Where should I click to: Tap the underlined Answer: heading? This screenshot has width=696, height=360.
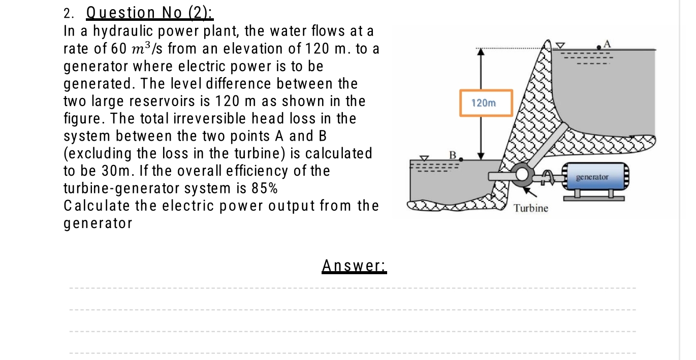coord(354,265)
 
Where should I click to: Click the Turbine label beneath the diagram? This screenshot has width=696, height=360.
coord(531,208)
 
